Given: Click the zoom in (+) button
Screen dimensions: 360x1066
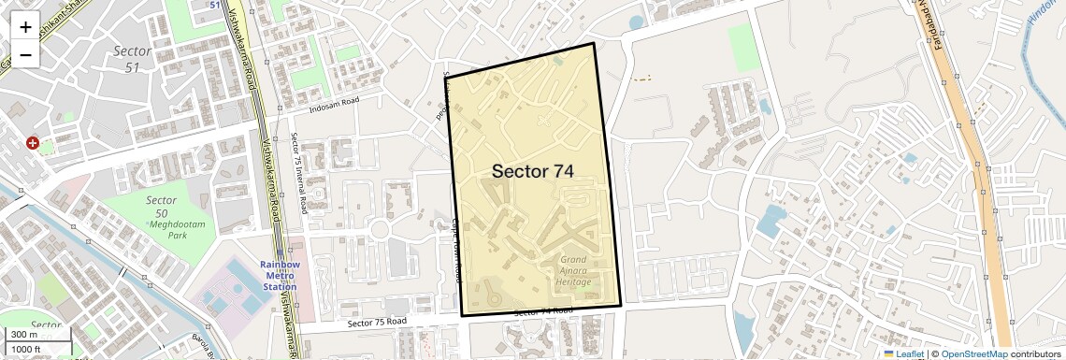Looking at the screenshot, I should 25,26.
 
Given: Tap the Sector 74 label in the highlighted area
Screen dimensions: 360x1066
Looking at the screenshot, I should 532,171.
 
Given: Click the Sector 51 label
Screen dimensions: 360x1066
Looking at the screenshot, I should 125,58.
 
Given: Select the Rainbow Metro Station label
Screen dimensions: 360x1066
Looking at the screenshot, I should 280,275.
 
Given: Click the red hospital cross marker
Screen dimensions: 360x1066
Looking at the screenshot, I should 33,143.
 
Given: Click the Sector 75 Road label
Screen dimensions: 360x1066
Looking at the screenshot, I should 377,323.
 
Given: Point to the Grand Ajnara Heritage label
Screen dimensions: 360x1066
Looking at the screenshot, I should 573,269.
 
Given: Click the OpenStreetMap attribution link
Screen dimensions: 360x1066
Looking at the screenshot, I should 973,353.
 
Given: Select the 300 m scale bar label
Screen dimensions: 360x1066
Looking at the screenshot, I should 24,335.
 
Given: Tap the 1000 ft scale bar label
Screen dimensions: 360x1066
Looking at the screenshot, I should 26,349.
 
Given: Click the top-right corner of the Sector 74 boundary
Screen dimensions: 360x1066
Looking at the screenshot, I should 594,43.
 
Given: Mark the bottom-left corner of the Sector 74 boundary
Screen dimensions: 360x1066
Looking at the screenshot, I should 462,316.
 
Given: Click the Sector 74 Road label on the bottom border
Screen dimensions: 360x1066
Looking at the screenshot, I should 543,311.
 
